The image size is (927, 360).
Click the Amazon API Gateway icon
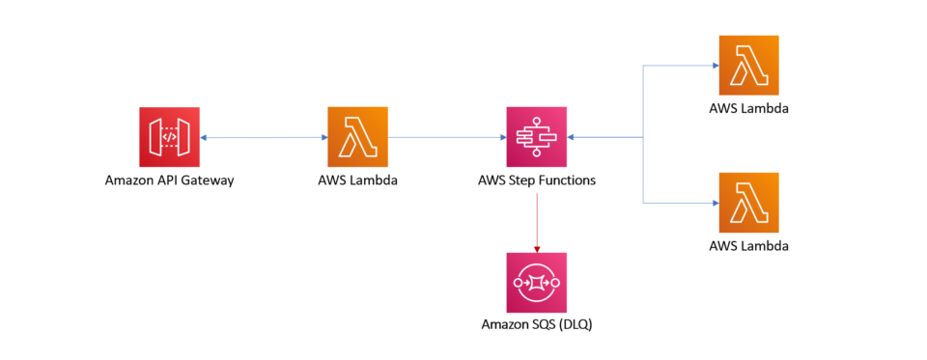(169, 137)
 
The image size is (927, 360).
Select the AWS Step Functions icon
(537, 137)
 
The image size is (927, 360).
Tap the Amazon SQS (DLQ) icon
(537, 283)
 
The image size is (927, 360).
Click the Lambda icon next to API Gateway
(358, 137)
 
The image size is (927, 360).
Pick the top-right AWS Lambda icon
(748, 66)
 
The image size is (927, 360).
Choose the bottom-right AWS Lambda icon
(748, 203)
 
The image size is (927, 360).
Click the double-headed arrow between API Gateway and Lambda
(264, 138)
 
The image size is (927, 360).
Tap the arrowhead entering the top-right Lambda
(715, 66)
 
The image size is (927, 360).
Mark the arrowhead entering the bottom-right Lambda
(715, 203)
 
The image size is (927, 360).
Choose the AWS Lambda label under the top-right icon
(748, 108)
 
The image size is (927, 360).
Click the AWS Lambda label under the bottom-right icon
(748, 246)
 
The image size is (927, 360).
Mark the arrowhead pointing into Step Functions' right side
(572, 138)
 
